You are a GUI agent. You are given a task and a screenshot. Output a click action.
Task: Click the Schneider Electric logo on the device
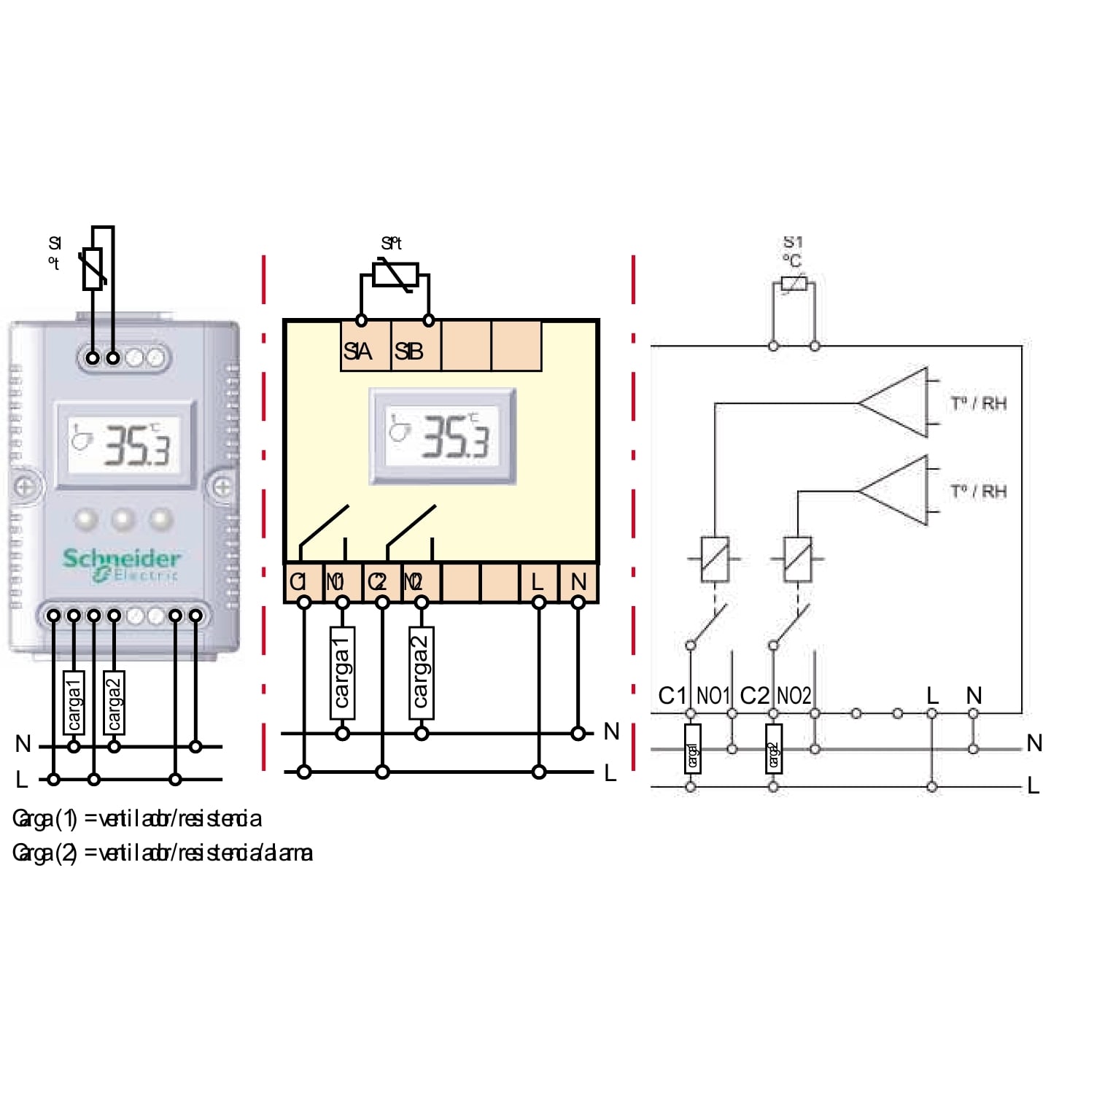(121, 565)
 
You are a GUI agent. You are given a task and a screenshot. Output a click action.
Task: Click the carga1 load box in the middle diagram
(342, 672)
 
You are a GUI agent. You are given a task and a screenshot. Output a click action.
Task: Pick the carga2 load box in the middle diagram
(421, 672)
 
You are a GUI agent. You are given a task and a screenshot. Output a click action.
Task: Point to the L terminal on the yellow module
(538, 582)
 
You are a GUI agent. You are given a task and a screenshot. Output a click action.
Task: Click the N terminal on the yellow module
(578, 582)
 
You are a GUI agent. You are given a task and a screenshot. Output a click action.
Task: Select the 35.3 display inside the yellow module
(443, 436)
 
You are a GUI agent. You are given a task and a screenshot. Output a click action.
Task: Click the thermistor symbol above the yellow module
(395, 276)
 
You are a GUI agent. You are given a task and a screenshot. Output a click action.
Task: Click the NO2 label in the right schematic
(794, 696)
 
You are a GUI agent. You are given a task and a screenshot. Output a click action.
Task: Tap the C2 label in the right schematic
(754, 696)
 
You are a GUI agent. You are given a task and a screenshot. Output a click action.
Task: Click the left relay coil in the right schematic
(715, 559)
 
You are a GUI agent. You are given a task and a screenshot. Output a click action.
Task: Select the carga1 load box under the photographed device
(74, 702)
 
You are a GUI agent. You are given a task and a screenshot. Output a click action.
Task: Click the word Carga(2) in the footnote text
(44, 853)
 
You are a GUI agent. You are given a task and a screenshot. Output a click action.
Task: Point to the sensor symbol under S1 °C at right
(794, 284)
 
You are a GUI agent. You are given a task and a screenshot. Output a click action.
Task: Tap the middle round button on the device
(123, 519)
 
